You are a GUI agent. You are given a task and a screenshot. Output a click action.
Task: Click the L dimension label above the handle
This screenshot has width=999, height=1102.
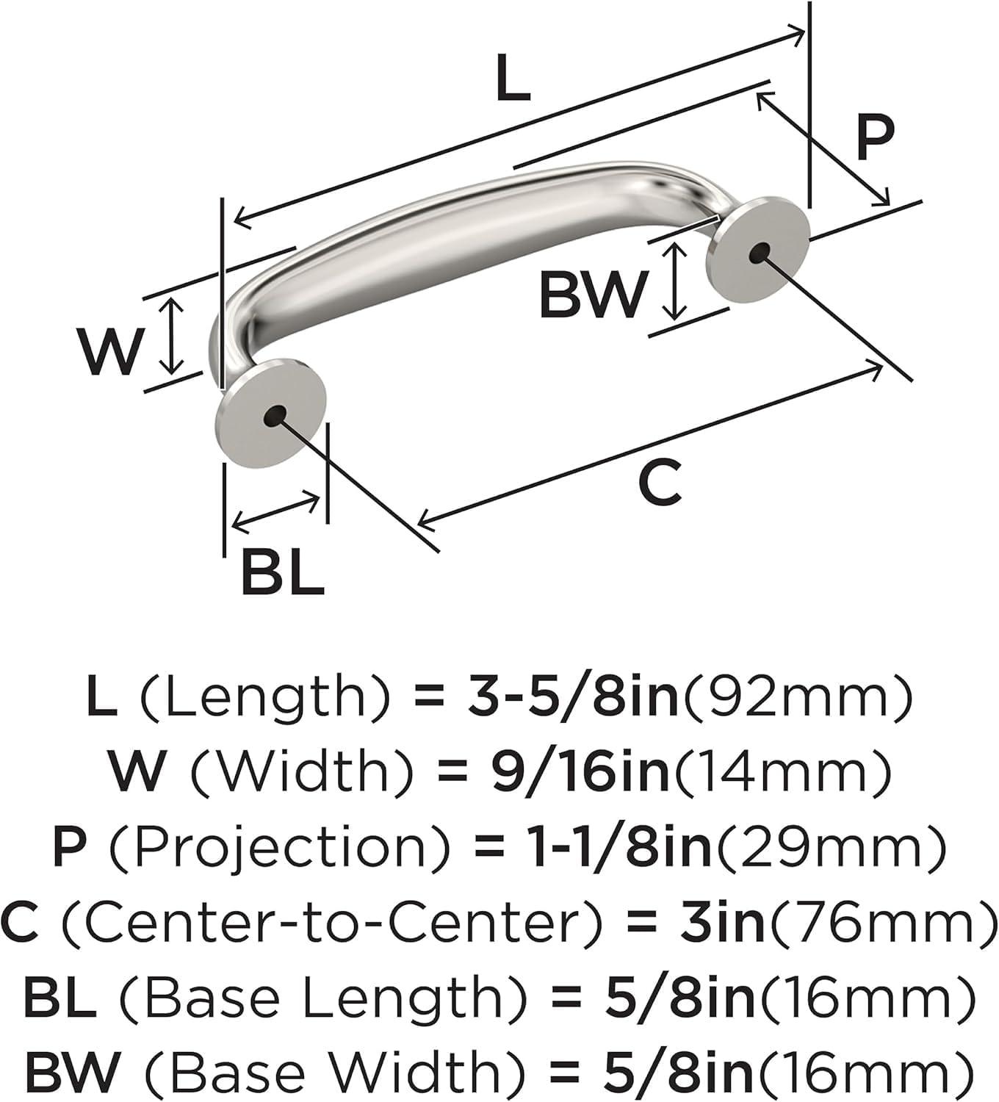(513, 78)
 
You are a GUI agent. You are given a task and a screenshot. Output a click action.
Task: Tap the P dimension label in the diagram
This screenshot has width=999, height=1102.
(876, 137)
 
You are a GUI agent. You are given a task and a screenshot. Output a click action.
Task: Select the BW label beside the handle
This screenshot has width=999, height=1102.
(591, 296)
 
